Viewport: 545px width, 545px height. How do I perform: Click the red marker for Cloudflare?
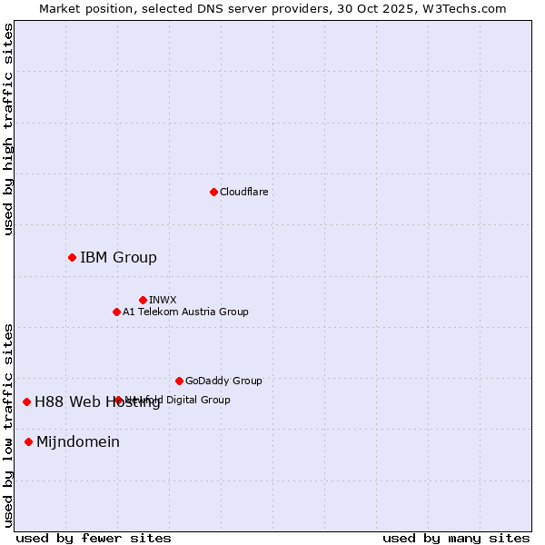[x=213, y=192]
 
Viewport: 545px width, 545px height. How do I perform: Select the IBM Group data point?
[x=72, y=257]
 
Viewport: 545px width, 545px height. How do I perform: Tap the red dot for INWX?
[x=143, y=300]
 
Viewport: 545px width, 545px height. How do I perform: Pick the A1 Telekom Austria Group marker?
[x=116, y=312]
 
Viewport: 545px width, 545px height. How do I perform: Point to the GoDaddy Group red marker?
[x=179, y=381]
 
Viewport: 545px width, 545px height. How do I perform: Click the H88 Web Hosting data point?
[x=26, y=401]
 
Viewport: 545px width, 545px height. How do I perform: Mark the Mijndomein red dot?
[x=28, y=441]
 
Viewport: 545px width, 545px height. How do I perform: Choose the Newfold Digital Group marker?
[x=118, y=400]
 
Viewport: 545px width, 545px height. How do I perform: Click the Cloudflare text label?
[x=243, y=192]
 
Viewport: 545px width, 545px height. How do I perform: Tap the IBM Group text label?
[x=118, y=257]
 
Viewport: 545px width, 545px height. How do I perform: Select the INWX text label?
[x=163, y=300]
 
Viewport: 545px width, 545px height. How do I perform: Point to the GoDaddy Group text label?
[x=223, y=381]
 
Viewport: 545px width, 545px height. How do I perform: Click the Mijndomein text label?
[x=78, y=441]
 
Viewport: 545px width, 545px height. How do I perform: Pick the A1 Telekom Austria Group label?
[x=185, y=312]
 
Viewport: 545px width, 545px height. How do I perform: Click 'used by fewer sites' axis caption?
[x=94, y=538]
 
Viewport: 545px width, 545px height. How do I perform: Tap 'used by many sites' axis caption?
[x=456, y=538]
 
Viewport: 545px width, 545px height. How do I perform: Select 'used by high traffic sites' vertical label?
[x=8, y=129]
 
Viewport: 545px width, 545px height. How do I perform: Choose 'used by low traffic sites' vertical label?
[x=8, y=424]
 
